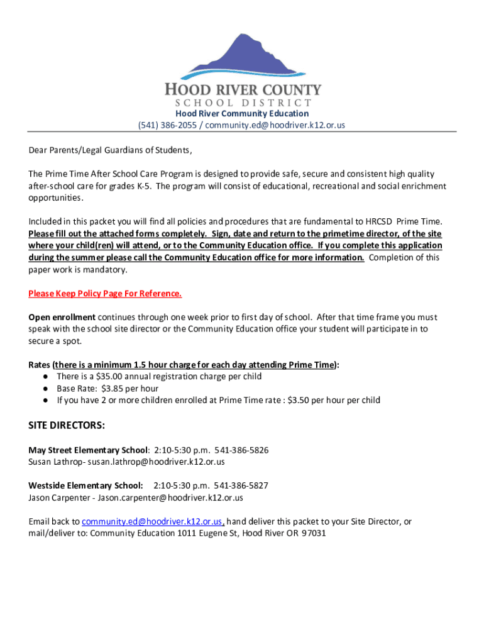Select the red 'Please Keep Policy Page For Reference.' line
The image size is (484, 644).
click(105, 294)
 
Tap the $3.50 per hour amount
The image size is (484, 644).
click(299, 400)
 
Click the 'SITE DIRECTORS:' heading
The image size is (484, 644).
click(67, 426)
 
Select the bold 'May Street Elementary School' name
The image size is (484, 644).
click(88, 450)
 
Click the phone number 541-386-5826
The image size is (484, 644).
click(241, 450)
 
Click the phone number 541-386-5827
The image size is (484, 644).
click(241, 486)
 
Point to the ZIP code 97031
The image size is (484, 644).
click(314, 533)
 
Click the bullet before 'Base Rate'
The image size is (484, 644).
click(47, 388)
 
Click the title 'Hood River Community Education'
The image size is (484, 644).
click(242, 114)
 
